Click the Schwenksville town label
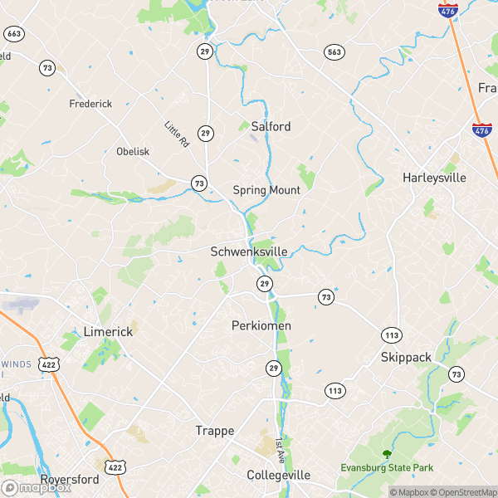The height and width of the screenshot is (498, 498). coord(249,251)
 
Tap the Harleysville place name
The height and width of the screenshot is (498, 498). coord(434,178)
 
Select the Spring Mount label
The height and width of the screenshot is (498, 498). coord(266,190)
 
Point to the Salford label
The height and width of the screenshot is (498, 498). coord(271,127)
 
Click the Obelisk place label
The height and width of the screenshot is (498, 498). coord(133,152)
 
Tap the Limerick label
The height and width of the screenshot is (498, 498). coord(108,331)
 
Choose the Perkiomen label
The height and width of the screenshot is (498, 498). coord(261,326)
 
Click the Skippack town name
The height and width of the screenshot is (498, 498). coord(406,357)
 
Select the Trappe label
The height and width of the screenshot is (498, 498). coord(215,431)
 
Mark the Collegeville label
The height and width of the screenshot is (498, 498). coord(278,476)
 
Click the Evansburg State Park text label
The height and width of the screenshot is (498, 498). coord(387,468)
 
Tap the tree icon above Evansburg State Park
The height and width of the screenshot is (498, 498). coord(386,453)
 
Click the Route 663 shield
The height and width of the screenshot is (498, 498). coord(12,33)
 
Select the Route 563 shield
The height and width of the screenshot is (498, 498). coord(334,51)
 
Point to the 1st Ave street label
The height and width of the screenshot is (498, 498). coord(280,450)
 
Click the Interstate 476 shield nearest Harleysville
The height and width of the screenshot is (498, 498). coord(481,130)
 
